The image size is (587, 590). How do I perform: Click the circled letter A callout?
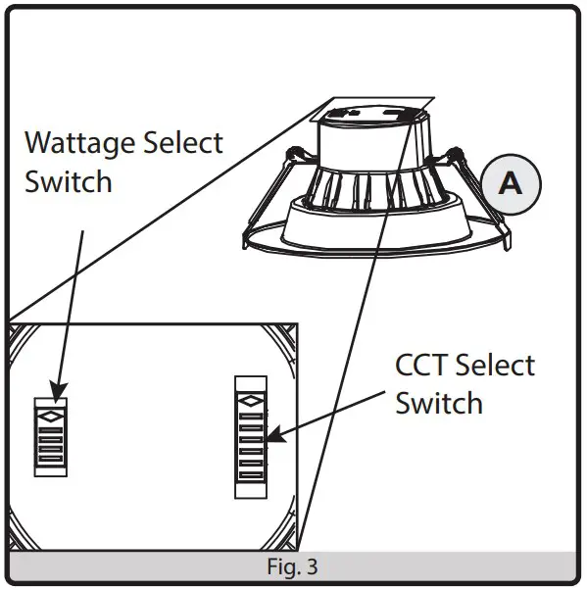click(510, 183)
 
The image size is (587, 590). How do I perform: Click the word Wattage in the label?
click(78, 142)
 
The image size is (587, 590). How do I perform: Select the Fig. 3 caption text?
click(292, 566)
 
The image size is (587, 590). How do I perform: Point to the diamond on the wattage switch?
click(50, 416)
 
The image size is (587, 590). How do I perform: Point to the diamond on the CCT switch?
click(250, 400)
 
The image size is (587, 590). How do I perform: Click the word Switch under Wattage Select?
click(68, 181)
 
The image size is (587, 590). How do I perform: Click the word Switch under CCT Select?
click(438, 403)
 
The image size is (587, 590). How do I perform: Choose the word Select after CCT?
click(495, 366)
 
